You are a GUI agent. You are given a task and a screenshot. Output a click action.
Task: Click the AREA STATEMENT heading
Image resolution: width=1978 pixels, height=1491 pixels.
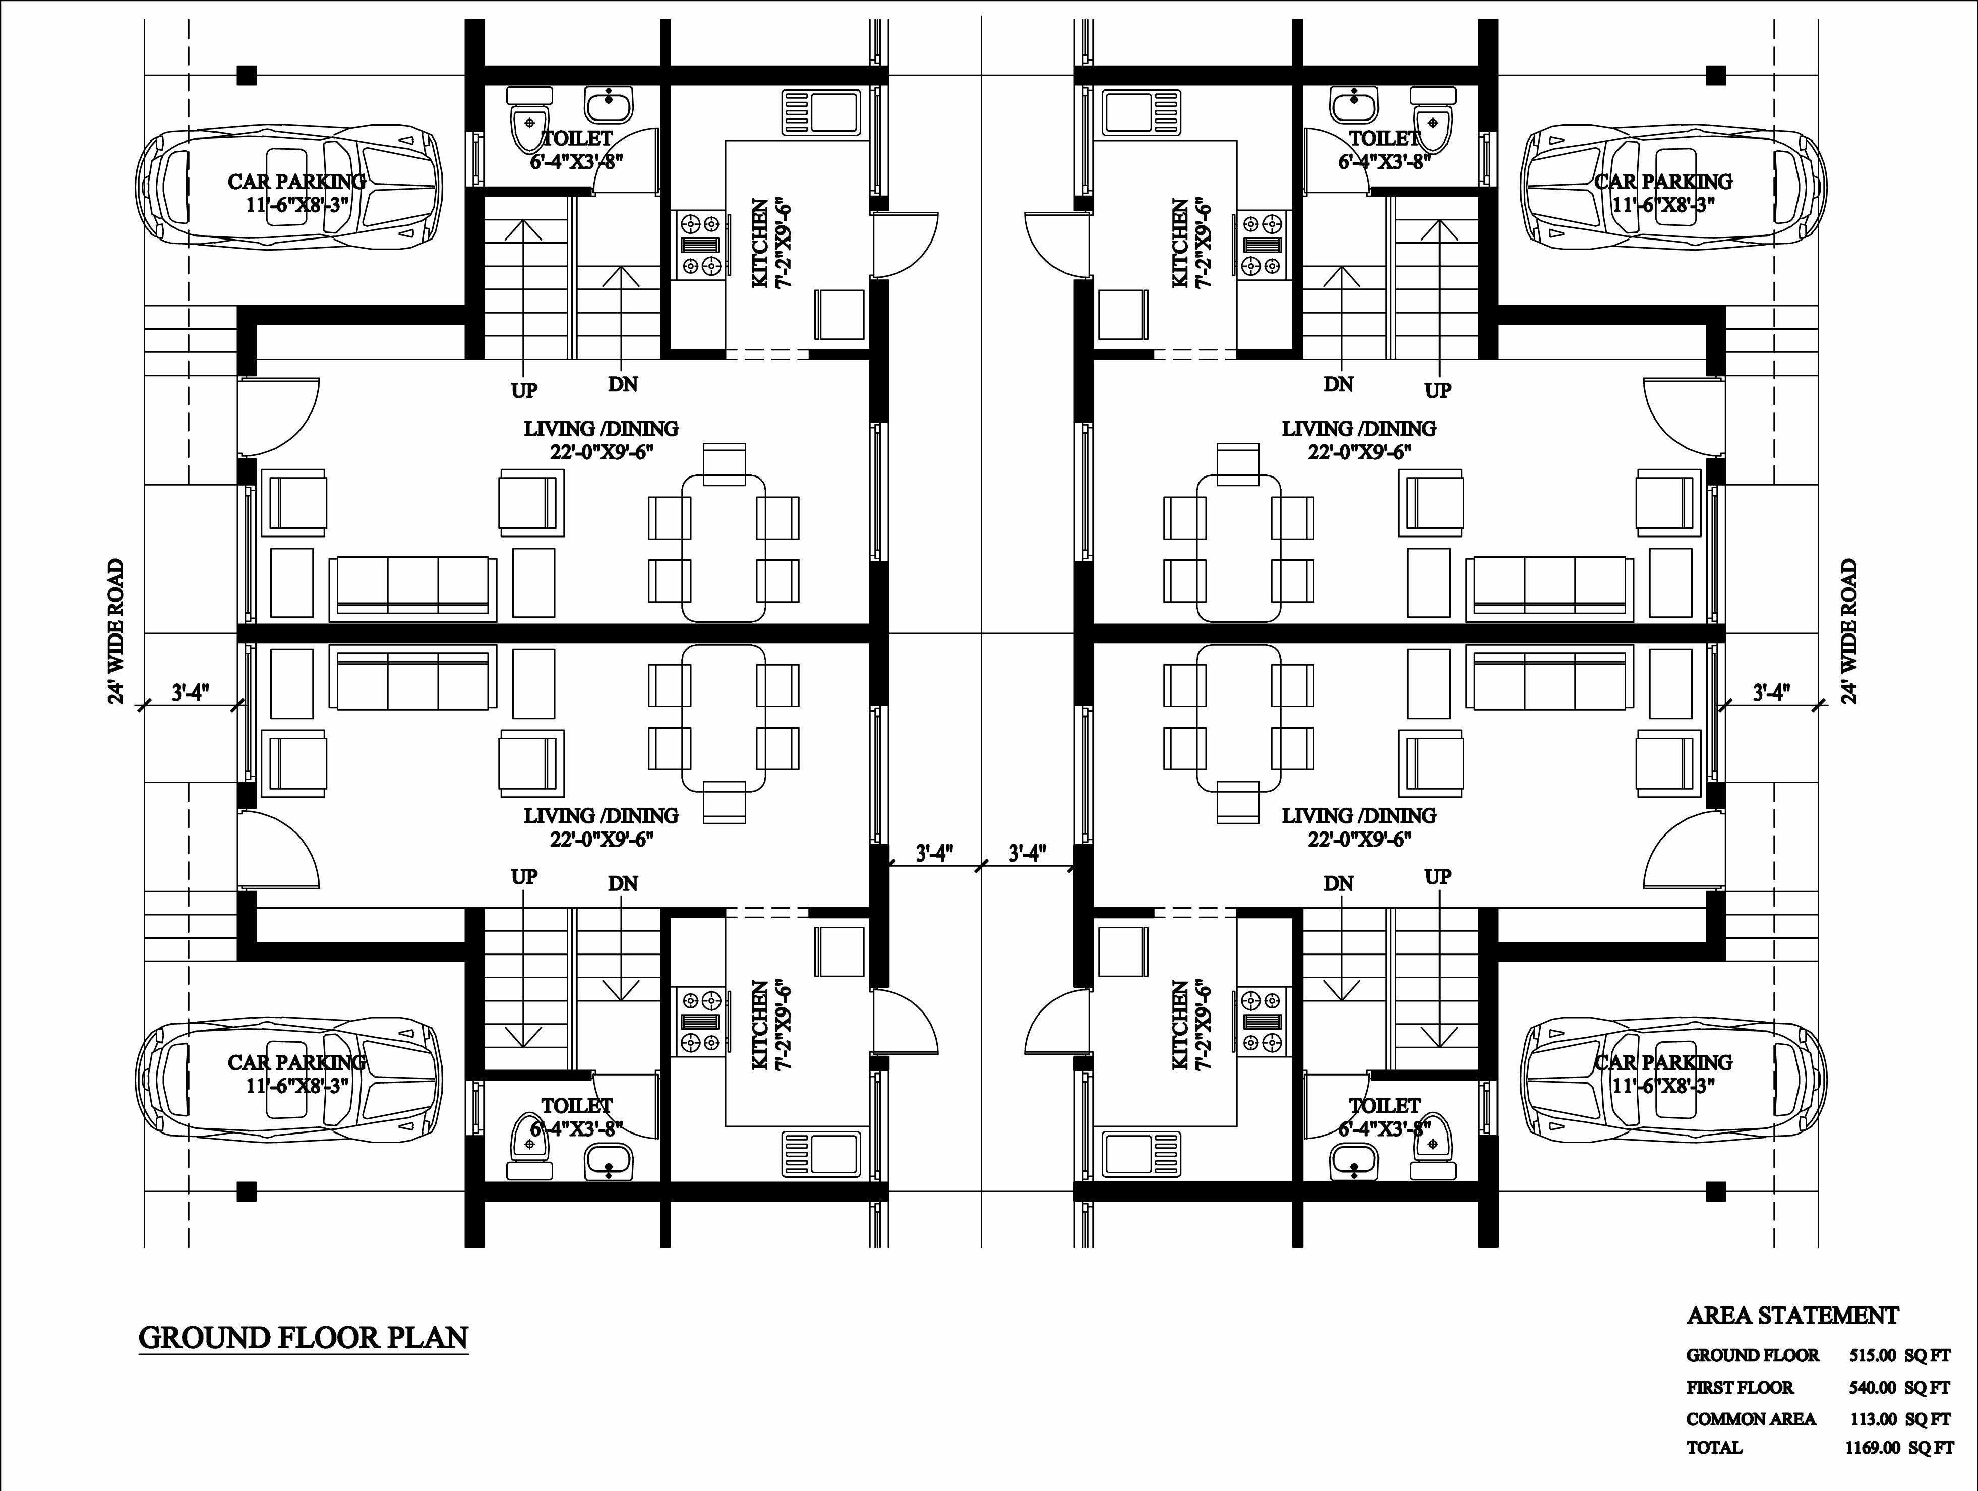pos(1792,1316)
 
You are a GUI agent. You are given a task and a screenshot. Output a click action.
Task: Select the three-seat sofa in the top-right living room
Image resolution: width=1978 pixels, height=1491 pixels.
pos(1549,587)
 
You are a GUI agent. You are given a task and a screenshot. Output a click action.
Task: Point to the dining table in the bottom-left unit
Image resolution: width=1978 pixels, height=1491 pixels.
pos(724,718)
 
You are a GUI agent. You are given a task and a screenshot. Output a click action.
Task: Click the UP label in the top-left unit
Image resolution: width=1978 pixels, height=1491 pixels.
pos(524,391)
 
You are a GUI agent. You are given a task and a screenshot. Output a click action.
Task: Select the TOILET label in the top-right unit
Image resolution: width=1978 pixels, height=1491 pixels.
pos(1384,139)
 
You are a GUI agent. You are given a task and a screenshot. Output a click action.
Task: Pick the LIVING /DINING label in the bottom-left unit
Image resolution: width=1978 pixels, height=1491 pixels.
pos(601,816)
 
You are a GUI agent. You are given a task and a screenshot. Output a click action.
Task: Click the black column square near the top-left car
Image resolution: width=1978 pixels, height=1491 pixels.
pos(247,75)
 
